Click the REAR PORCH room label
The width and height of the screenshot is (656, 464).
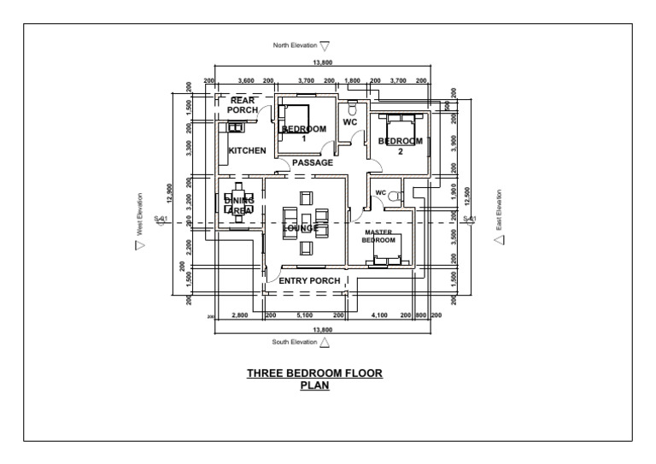click(243, 105)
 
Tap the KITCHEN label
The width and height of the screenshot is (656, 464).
click(247, 150)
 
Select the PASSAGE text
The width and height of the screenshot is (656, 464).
click(313, 162)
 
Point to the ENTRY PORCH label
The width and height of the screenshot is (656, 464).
click(309, 280)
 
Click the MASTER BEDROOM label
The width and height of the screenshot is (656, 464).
click(378, 236)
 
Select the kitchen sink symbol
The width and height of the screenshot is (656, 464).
click(234, 127)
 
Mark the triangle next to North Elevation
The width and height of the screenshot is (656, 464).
click(325, 46)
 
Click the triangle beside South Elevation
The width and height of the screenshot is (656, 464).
click(325, 343)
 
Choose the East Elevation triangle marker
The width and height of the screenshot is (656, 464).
click(500, 240)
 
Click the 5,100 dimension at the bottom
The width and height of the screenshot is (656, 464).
click(304, 315)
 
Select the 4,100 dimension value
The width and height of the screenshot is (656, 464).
click(379, 315)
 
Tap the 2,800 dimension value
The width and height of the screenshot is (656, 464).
click(239, 315)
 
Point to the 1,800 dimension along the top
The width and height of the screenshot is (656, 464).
click(352, 80)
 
